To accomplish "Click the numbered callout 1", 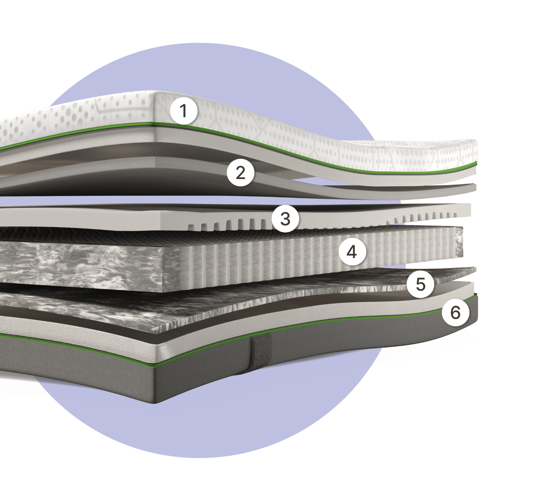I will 184,111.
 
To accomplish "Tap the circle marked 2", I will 241,173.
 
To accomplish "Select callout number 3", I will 285,219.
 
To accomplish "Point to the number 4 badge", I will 352,252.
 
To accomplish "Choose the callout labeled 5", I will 420,284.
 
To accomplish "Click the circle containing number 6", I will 456,312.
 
